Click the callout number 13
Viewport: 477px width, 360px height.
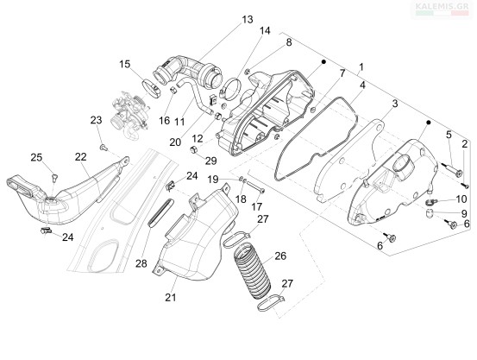248,20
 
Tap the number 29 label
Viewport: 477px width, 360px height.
210,161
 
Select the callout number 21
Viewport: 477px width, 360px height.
171,297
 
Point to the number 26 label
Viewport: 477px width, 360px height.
280,256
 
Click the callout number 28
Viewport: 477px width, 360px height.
141,263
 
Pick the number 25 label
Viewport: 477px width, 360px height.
36,157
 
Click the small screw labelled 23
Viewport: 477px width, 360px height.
104,148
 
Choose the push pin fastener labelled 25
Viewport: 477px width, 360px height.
54,177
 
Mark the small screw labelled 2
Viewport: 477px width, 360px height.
465,185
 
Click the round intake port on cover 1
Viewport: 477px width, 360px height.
404,165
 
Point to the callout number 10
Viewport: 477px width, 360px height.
461,199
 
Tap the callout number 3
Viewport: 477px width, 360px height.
394,104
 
